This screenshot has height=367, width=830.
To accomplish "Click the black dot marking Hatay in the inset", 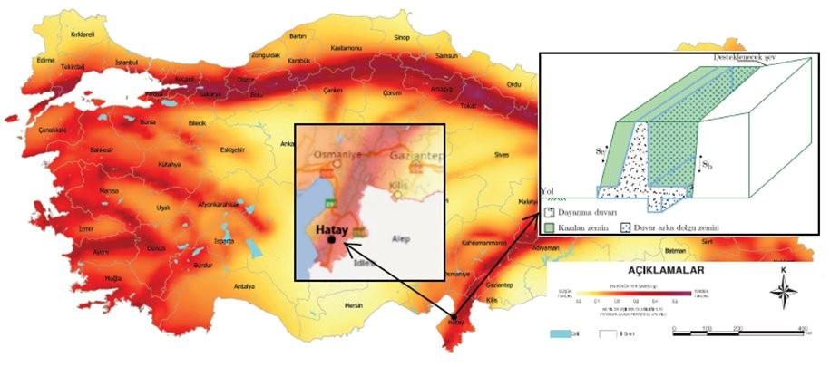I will [x=332, y=241].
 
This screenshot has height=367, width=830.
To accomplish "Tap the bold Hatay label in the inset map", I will [x=334, y=230].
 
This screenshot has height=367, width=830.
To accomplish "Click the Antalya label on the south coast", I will [x=244, y=286].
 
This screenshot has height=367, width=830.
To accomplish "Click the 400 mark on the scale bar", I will [x=803, y=328].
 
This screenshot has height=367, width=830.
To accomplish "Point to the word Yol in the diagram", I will [x=546, y=192].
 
